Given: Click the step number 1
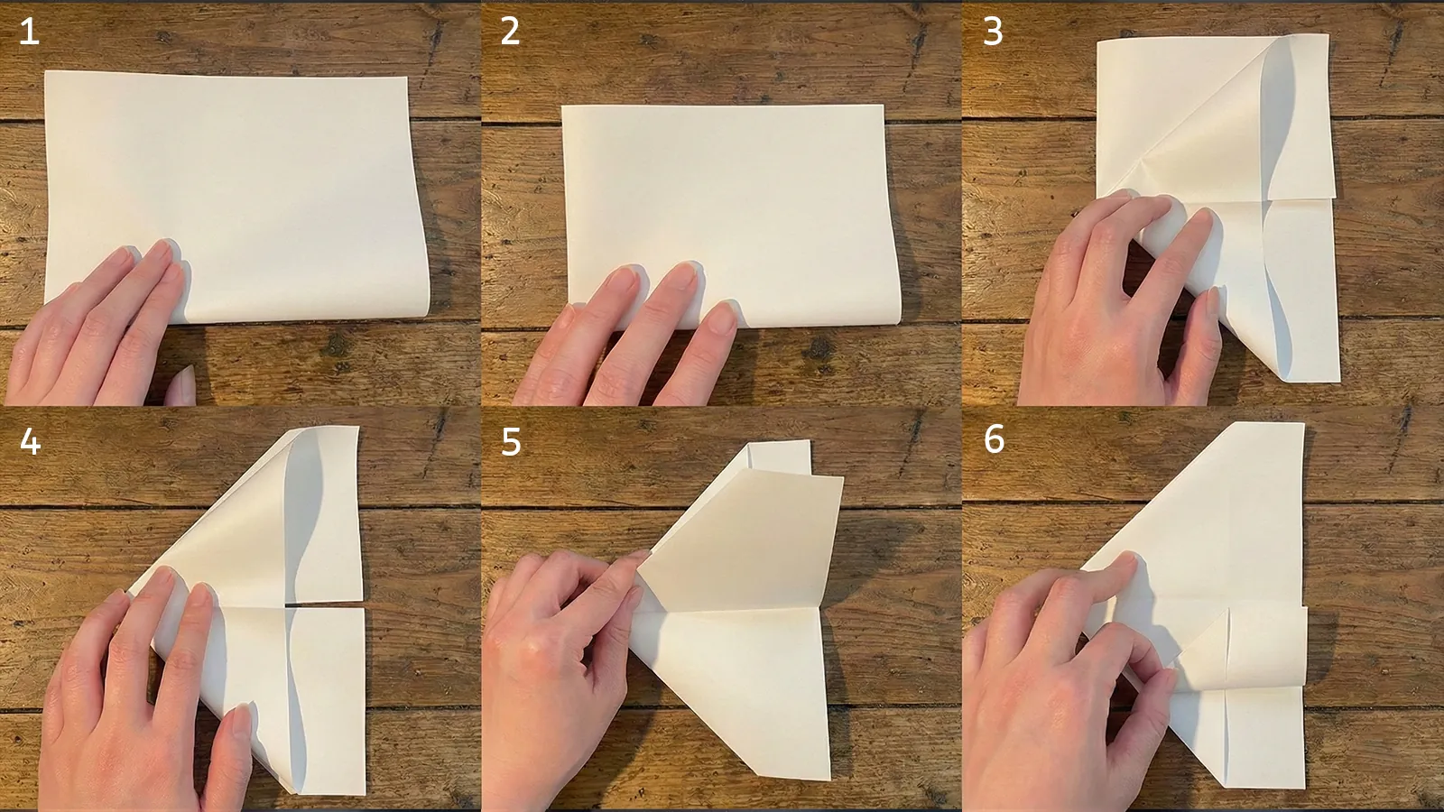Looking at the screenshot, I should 29,32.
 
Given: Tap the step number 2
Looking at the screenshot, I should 510,32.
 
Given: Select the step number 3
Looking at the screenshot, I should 993,32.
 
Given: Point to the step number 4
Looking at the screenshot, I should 30,441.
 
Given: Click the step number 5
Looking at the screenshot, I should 511,442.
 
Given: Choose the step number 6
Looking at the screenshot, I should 994,439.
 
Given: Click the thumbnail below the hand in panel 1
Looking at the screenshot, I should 182,386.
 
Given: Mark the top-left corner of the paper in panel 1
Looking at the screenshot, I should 46,72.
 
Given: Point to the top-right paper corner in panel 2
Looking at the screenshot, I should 883,106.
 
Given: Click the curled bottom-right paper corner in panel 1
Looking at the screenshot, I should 422,307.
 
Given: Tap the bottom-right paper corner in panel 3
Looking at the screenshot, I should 1338,380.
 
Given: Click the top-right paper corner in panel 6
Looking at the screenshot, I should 1302,424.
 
